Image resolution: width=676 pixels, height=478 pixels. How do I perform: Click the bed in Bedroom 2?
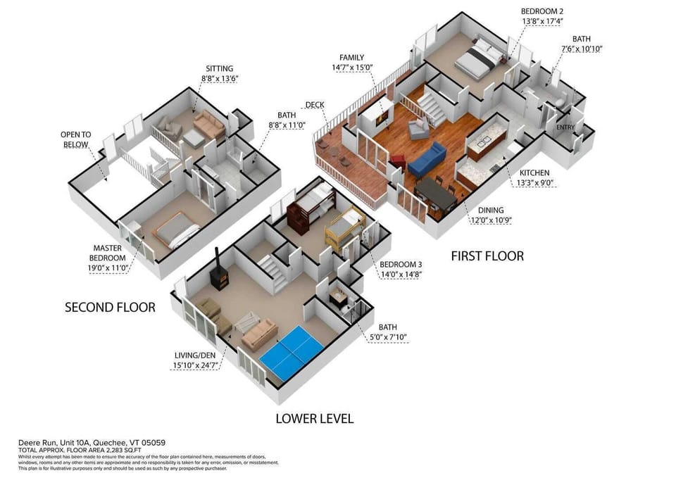[480, 58]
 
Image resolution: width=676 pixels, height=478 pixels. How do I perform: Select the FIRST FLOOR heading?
[487, 256]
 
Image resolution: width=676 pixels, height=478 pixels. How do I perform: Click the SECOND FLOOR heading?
[110, 308]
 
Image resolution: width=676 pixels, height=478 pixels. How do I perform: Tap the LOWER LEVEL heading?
[314, 419]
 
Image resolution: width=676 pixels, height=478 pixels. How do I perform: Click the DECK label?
[315, 106]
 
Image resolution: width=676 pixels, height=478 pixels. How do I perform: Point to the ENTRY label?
[565, 127]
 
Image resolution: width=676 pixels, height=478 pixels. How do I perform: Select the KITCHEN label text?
[534, 172]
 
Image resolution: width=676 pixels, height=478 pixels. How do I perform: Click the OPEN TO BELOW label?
[75, 139]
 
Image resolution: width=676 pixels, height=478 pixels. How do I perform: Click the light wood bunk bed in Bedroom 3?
[344, 228]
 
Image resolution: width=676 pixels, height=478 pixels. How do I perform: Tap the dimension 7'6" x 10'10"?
[582, 49]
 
